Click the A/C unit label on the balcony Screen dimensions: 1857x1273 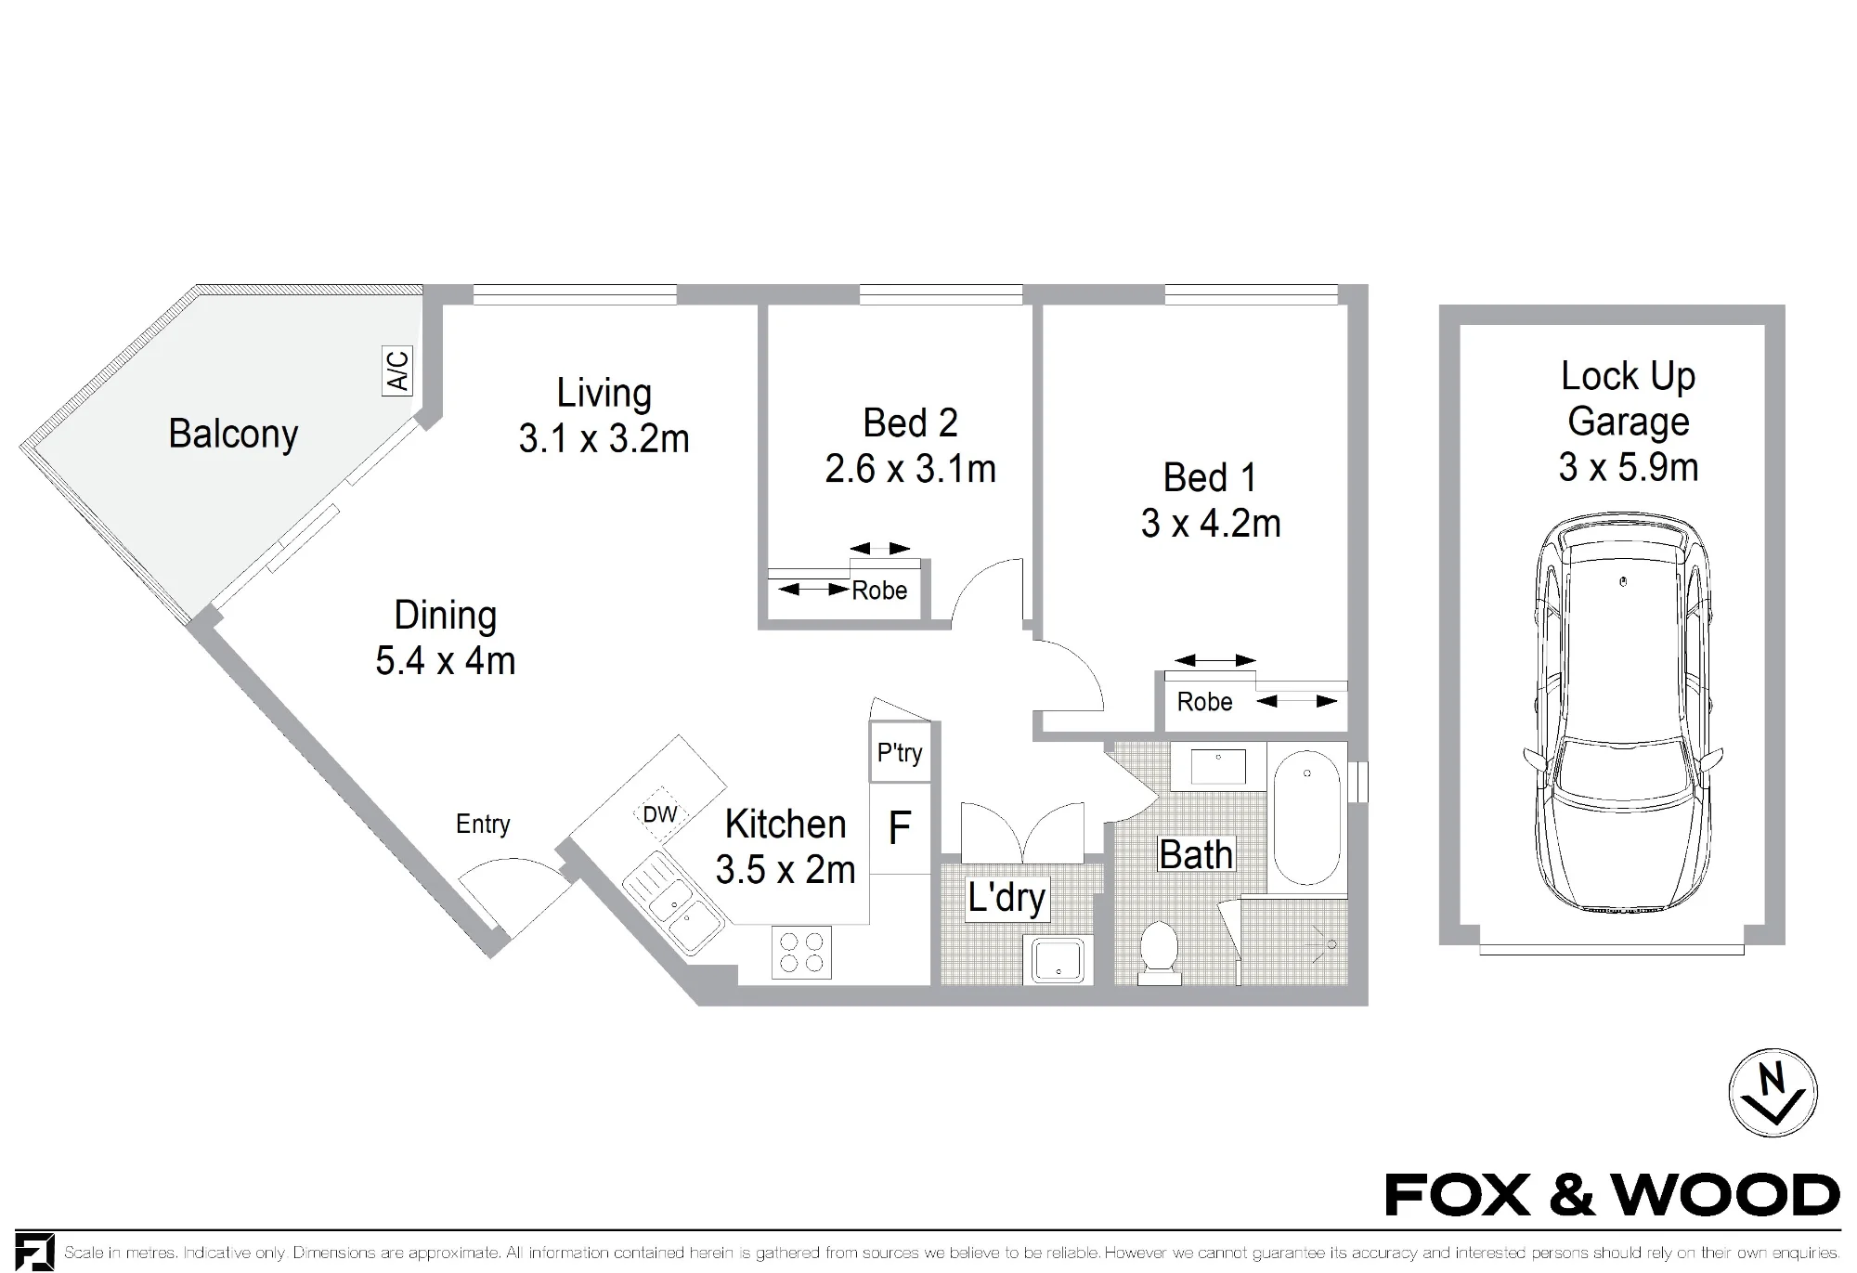tap(397, 370)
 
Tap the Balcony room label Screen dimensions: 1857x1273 tap(233, 435)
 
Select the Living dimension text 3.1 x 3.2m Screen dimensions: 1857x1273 tap(604, 439)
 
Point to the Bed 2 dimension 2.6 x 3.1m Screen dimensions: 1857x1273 tap(910, 469)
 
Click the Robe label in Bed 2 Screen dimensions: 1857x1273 tap(879, 591)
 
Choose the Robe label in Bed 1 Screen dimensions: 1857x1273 tap(1204, 702)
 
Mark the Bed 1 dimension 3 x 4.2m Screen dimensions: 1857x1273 tap(1211, 524)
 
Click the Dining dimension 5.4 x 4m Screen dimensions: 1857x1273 tap(446, 661)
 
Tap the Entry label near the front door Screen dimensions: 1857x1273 tap(483, 825)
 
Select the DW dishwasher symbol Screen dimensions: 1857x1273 tap(659, 815)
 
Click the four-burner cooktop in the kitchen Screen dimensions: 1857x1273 tap(801, 953)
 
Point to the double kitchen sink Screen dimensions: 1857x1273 tap(673, 903)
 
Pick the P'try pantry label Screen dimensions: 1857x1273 tap(900, 752)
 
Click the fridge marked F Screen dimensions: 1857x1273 tap(900, 827)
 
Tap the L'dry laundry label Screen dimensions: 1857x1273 tap(1006, 898)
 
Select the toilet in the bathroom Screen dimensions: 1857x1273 tap(1159, 952)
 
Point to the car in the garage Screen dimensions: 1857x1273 tap(1623, 713)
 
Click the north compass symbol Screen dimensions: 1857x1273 tap(1773, 1093)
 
